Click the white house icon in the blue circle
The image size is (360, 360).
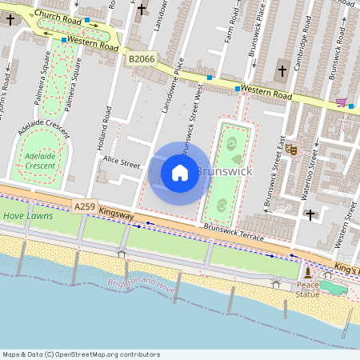tap(180, 173)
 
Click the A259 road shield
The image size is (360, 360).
tap(85, 206)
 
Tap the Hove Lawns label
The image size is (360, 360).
tap(28, 216)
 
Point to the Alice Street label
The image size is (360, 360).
tap(121, 163)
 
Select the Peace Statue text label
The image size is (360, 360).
tap(308, 290)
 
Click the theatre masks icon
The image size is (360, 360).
tap(292, 149)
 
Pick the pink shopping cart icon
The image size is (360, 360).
tap(341, 102)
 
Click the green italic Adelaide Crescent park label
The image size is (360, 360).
tap(40, 160)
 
